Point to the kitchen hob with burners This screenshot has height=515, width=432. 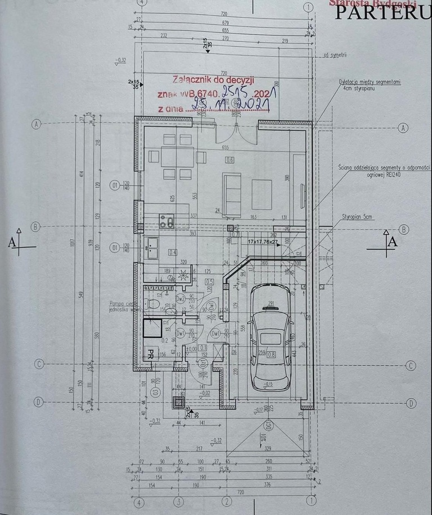165,220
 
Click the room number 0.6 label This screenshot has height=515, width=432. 229,160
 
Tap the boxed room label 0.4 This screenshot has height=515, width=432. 173,252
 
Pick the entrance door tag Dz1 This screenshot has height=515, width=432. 204,364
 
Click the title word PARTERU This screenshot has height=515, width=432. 383,13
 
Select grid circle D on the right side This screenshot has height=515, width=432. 411,403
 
